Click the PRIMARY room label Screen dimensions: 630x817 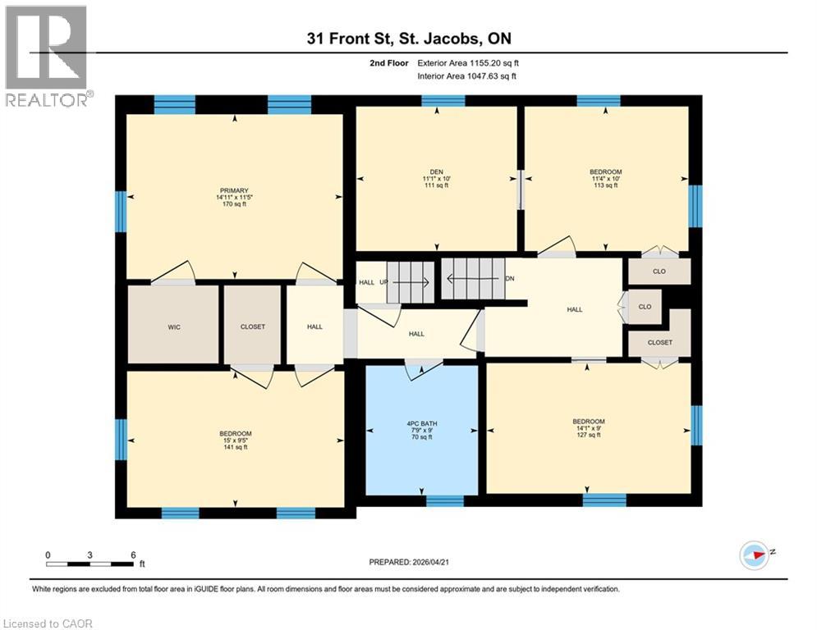[233, 197]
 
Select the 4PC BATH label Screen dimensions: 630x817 [421, 431]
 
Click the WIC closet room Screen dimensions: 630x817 [174, 326]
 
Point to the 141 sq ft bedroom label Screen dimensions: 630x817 [235, 440]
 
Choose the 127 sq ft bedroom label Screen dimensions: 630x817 [588, 428]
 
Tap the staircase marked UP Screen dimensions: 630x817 [408, 282]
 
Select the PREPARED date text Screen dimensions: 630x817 [409, 563]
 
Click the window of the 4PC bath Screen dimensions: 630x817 [444, 500]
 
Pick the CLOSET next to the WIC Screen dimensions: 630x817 [253, 326]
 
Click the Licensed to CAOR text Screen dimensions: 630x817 [48, 623]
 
